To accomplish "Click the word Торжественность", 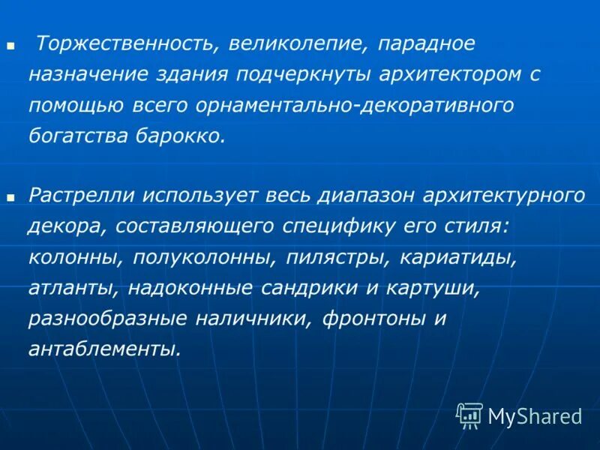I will pyautogui.click(x=123, y=44).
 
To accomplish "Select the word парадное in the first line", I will pyautogui.click(x=426, y=44).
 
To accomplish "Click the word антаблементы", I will pyautogui.click(x=105, y=349).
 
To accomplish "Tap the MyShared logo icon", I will pyautogui.click(x=469, y=415).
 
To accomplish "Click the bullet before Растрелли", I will pyautogui.click(x=11, y=197).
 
